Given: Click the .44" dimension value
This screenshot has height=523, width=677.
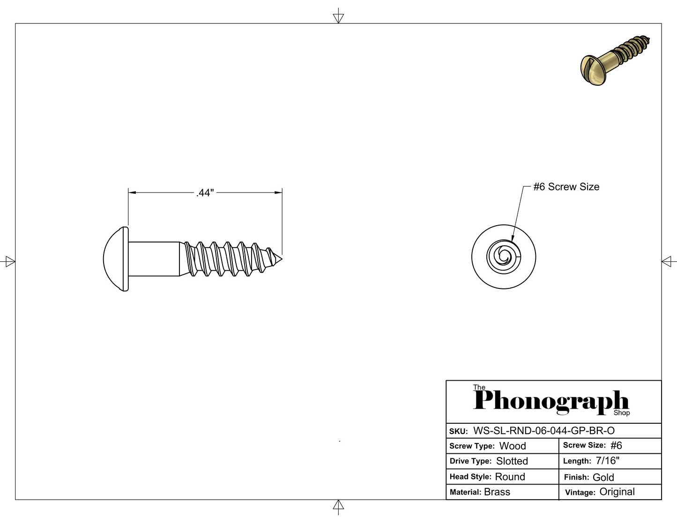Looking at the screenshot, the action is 205,193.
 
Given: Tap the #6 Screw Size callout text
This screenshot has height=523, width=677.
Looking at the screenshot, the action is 566,187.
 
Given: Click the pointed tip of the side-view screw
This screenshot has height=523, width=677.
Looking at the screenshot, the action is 282,259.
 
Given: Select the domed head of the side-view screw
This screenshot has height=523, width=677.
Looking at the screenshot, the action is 116,259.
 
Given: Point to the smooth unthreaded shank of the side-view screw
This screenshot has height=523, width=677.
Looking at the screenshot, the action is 154,259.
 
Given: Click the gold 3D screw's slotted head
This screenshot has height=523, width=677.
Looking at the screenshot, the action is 592,70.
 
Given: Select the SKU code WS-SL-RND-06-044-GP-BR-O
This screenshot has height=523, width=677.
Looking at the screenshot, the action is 543,431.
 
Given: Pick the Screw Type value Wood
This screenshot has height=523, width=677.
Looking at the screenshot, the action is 513,446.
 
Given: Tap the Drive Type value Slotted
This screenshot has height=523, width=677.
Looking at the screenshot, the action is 512,461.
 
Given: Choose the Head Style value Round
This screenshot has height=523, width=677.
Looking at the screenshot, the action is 510,477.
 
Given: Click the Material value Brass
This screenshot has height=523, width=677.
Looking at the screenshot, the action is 497,492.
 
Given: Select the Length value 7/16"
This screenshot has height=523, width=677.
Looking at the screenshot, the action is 608,461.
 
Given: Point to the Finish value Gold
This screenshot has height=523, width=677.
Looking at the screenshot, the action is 603,477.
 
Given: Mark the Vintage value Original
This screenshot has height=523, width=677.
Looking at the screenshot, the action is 617,492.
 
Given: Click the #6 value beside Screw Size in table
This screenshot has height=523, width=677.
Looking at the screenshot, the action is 616,445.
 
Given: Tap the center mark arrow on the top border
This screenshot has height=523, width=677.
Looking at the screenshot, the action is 338,18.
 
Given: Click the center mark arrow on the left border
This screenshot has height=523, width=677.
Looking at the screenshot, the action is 10,261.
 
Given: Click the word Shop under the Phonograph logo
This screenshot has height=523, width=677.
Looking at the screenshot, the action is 622,413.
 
